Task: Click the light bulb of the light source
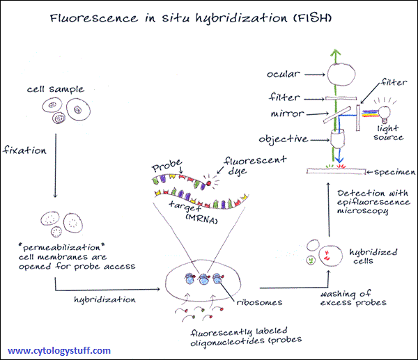(x=385, y=113)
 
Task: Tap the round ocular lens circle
(x=341, y=75)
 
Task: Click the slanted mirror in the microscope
(x=337, y=115)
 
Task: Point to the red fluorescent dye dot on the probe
(x=208, y=183)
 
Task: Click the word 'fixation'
(x=24, y=150)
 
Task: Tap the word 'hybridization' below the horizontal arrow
(x=104, y=300)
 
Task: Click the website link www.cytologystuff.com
(x=59, y=350)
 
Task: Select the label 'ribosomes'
(x=259, y=302)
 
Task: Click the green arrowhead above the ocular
(x=336, y=52)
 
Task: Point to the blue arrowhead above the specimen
(x=339, y=159)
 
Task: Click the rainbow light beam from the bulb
(x=370, y=114)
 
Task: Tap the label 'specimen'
(x=395, y=173)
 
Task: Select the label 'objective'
(x=284, y=139)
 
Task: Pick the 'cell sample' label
(x=56, y=89)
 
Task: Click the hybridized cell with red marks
(x=330, y=256)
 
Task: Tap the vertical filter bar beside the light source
(x=358, y=118)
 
